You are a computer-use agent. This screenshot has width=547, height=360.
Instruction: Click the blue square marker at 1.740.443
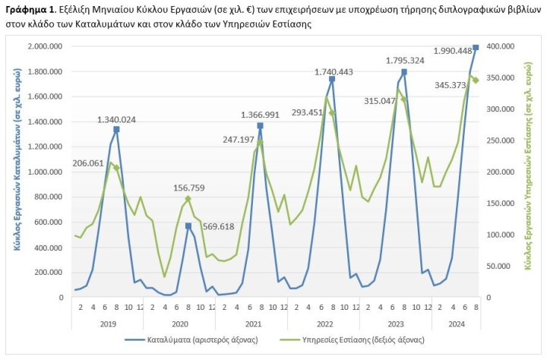pyautogui.click(x=332, y=79)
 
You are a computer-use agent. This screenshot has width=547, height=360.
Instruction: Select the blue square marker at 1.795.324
pyautogui.click(x=404, y=72)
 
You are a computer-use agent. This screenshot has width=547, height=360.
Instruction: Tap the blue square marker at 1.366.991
pyautogui.click(x=260, y=125)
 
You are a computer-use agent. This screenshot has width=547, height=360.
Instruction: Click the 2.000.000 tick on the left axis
pyautogui.click(x=45, y=46)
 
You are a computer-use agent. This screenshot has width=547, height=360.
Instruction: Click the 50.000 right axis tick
pyautogui.click(x=504, y=266)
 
